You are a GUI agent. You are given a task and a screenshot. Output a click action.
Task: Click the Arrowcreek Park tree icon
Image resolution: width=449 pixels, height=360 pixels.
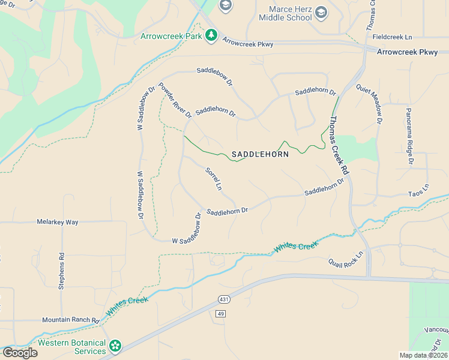click(x=211, y=36)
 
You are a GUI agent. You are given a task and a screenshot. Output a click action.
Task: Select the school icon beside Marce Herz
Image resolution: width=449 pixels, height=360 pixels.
click(x=321, y=12)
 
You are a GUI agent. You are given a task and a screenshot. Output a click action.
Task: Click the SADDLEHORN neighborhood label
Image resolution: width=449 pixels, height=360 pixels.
click(x=260, y=154)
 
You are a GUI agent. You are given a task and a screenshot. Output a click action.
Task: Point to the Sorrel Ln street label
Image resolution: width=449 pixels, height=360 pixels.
click(x=214, y=179)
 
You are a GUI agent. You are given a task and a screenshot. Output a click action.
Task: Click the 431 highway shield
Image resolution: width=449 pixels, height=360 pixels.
click(x=221, y=299)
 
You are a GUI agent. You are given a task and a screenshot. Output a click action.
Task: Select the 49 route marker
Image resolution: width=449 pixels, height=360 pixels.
click(x=221, y=314)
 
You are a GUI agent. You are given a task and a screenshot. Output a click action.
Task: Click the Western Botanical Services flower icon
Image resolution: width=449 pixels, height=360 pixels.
click(x=115, y=346)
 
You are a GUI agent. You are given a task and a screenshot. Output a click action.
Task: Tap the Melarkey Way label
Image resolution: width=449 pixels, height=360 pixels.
click(x=57, y=222)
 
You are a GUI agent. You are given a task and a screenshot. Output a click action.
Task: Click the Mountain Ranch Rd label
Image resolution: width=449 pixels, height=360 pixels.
click(x=70, y=320)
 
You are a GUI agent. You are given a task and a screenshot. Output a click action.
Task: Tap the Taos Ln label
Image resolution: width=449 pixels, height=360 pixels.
click(x=419, y=187)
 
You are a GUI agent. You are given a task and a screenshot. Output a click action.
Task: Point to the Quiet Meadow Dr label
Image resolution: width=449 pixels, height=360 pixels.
click(x=369, y=103)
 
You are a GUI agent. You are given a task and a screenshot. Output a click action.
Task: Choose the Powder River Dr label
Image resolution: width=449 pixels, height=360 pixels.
click(x=175, y=100)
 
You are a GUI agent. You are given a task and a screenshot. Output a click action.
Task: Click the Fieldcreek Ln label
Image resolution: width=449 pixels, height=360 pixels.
click(x=393, y=37)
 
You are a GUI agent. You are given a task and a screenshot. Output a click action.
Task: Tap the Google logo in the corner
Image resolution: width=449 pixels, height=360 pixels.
click(x=19, y=352)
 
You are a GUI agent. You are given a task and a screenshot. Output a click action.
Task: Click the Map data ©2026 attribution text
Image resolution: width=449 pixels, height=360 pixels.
click(x=424, y=355)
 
